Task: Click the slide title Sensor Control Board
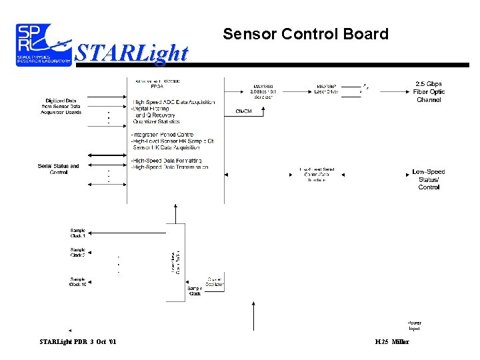coord(305,34)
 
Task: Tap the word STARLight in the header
coord(131,52)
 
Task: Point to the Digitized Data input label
coord(60,107)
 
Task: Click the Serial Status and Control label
coord(59,169)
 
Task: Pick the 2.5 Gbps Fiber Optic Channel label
coord(429,92)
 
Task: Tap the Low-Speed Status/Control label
coord(429,179)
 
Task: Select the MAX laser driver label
coord(327,89)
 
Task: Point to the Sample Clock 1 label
coord(79,233)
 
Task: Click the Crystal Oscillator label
coord(214,280)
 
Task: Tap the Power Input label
coord(414,325)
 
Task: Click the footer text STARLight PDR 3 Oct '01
coord(77,342)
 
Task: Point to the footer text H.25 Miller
coord(392,342)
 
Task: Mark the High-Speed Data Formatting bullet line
coord(169,161)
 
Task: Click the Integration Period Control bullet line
coord(163,135)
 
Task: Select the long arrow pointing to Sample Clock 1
coord(133,233)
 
